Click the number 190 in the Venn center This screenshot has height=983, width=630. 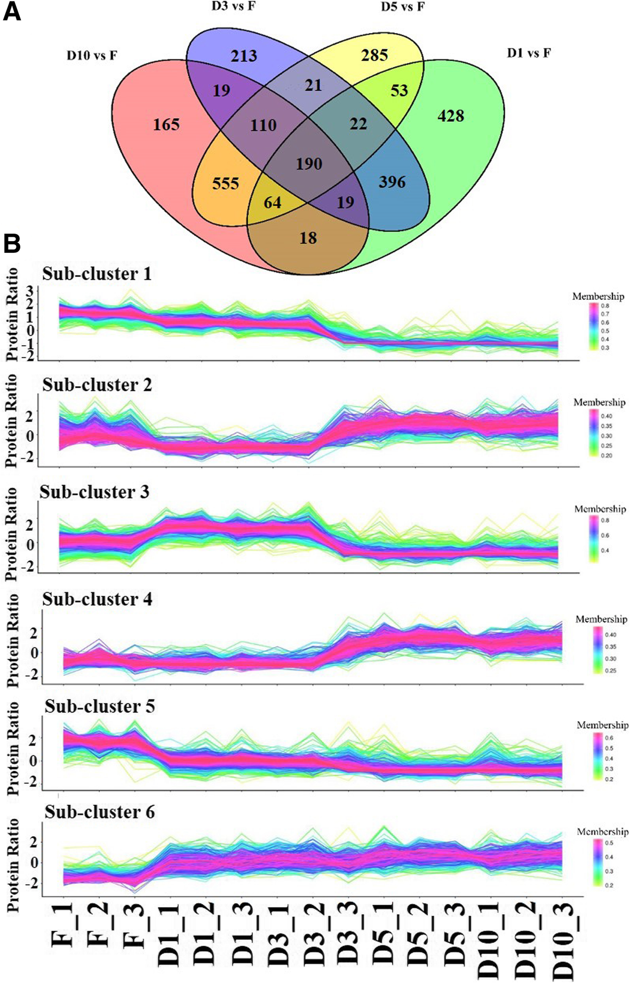click(309, 163)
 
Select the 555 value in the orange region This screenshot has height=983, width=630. click(225, 183)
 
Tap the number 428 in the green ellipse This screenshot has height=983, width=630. click(451, 116)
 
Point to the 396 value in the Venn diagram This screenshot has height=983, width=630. click(392, 182)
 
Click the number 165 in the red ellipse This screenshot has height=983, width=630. click(166, 125)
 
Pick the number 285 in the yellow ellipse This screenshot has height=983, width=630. click(374, 55)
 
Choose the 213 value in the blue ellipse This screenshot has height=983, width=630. click(244, 55)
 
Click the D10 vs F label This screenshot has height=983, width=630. click(92, 55)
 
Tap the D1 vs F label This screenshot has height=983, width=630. click(528, 53)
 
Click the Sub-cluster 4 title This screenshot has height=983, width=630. click(97, 600)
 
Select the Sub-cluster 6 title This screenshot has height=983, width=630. click(99, 812)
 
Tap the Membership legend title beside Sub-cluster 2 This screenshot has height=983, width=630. click(599, 402)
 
